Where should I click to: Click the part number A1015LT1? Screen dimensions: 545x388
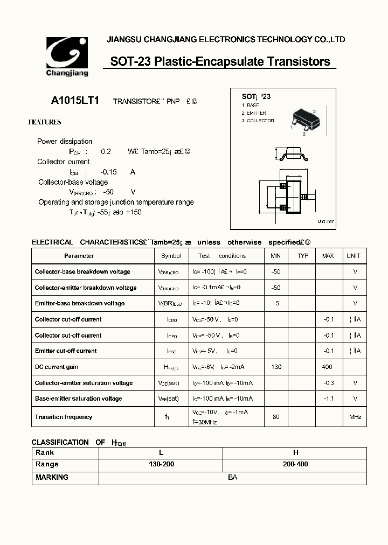click(74, 101)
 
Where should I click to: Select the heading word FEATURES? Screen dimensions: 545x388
click(45, 122)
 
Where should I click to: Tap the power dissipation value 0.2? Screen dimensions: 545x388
click(106, 152)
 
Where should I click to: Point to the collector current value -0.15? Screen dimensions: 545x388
click(108, 172)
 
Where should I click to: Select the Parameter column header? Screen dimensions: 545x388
click(79, 256)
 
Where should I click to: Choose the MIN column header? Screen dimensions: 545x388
click(276, 256)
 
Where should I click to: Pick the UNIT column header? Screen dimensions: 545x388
click(354, 256)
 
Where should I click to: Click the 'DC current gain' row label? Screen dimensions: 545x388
click(56, 367)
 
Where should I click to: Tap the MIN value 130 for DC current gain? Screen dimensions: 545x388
click(276, 367)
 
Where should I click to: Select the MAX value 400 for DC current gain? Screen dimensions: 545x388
click(327, 367)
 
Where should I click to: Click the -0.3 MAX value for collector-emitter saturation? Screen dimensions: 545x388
click(329, 383)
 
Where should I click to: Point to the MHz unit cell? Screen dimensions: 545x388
click(355, 417)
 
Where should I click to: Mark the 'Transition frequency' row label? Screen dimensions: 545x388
click(63, 417)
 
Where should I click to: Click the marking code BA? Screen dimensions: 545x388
click(232, 477)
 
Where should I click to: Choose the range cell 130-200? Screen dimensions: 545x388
click(161, 464)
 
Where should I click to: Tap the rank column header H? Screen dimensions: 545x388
click(295, 453)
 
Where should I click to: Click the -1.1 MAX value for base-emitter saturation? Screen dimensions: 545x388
click(329, 399)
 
